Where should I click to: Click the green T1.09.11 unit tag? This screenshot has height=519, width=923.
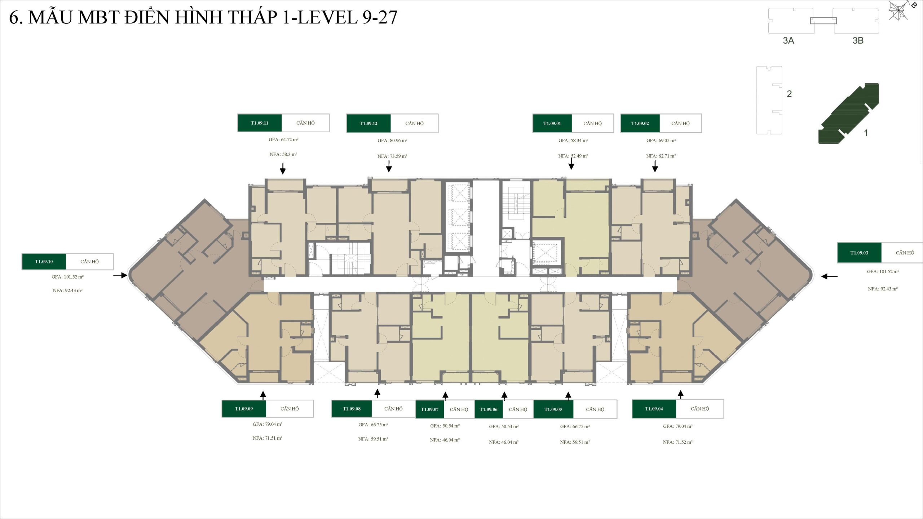point(260,123)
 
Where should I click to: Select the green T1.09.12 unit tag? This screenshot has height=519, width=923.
point(368,123)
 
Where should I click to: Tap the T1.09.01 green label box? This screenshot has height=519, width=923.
point(552,123)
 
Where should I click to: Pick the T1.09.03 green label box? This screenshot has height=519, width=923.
point(859,253)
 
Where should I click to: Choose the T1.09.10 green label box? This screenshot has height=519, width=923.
point(44,262)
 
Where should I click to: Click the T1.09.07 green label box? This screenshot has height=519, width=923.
point(430,409)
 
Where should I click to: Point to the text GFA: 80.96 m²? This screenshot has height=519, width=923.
point(392,141)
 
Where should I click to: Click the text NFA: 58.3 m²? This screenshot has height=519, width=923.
point(283,155)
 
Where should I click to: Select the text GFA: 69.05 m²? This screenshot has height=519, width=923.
point(661,141)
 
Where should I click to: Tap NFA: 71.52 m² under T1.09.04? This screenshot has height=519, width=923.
point(677,442)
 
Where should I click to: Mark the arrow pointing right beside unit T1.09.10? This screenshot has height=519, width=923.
point(120,275)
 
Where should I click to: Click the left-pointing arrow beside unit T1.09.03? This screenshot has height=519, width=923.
point(829,276)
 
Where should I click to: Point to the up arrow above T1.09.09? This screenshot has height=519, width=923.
point(263,395)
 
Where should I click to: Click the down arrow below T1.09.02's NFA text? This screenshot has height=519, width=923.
point(655,167)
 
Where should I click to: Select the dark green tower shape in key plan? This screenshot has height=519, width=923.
point(849,114)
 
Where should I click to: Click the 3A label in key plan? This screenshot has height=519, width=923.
point(789,41)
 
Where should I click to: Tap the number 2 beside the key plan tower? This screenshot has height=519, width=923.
point(789,94)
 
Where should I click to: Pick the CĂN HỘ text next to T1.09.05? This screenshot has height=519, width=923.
point(595,409)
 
